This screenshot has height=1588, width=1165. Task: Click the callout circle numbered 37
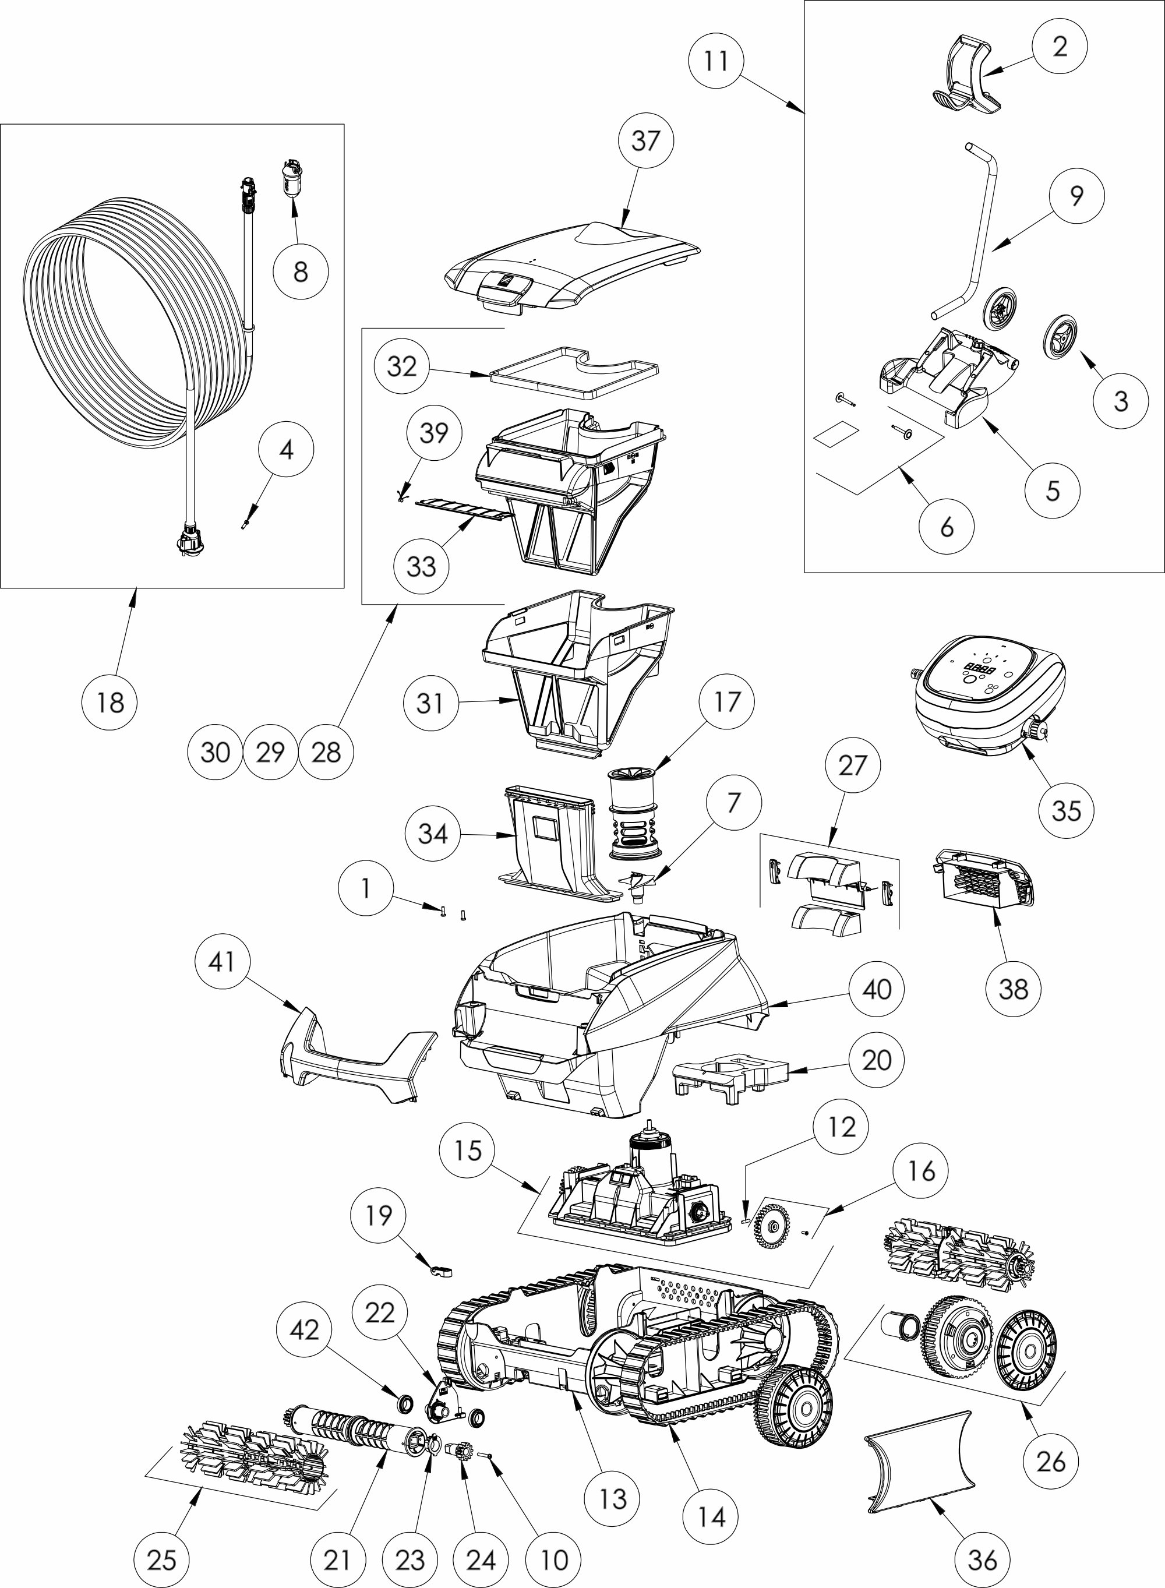click(646, 141)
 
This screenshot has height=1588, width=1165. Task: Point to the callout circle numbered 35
click(1067, 811)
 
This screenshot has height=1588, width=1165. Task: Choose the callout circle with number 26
click(1051, 1463)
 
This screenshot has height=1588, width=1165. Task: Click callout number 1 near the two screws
click(365, 888)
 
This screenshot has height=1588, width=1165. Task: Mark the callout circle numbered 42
click(304, 1331)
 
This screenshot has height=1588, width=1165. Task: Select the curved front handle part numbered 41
click(358, 1059)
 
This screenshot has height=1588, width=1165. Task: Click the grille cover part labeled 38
click(987, 878)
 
